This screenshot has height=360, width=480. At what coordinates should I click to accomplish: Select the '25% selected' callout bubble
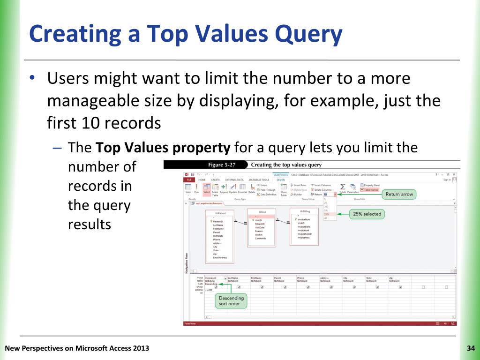[367, 214]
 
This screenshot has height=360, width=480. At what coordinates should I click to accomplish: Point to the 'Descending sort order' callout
[231, 300]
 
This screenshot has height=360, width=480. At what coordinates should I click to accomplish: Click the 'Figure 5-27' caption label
[222, 165]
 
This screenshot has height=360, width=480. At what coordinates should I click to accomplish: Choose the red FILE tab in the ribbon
[188, 180]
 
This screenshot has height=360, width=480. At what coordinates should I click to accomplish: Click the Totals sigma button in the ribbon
[342, 188]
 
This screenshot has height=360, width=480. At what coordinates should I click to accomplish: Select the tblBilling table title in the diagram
[305, 211]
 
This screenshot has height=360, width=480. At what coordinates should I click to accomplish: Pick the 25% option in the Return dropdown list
[326, 214]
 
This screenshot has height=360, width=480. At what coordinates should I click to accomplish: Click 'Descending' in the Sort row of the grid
[211, 284]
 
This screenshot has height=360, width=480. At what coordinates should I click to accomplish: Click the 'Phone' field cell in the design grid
[300, 278]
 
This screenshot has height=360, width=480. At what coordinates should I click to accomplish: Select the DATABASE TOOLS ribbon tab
[259, 180]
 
